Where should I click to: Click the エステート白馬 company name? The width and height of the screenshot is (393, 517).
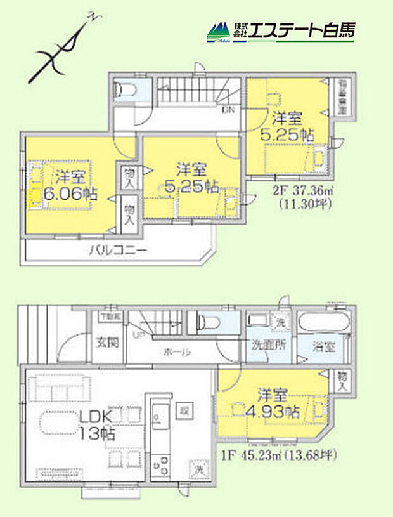click(302, 30)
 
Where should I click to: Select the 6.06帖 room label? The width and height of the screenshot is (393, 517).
click(66, 186)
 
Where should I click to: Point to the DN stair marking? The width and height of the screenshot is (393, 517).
click(228, 109)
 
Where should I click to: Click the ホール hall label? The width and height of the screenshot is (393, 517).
click(177, 351)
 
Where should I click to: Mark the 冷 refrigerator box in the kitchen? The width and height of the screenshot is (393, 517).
click(181, 409)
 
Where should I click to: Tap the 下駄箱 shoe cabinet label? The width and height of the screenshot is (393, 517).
click(112, 315)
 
